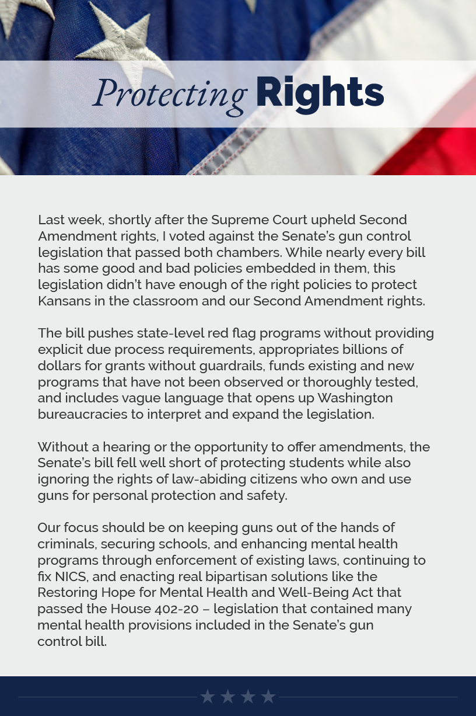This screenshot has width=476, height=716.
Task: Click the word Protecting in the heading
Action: tap(170, 93)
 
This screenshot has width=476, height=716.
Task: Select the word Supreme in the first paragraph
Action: tap(237, 220)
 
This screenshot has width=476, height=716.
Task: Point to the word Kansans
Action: tap(64, 301)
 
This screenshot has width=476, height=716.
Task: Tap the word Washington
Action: tap(355, 398)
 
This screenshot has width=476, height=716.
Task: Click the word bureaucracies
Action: tap(82, 414)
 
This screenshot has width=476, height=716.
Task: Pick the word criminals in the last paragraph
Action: tap(66, 544)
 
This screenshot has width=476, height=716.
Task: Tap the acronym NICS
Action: tap(71, 576)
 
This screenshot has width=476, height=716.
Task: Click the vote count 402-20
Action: tap(177, 609)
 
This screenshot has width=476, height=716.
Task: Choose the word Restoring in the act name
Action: tap(67, 592)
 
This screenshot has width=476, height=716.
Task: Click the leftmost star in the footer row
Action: tap(207, 696)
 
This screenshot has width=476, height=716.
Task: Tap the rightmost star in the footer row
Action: tap(268, 696)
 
